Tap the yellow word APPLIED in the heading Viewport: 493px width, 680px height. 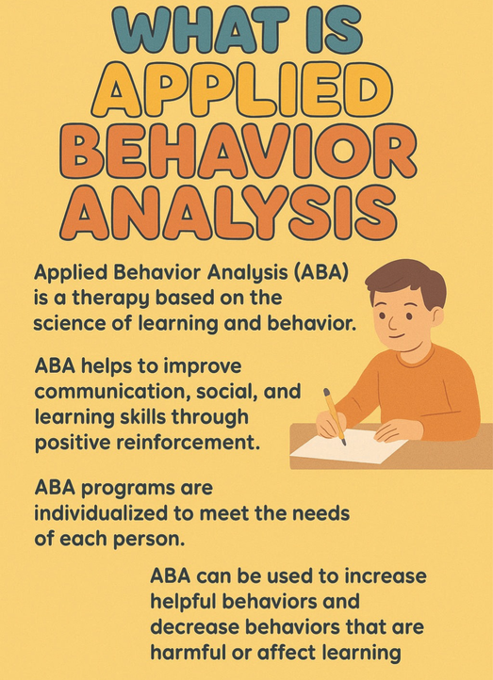pyautogui.click(x=242, y=89)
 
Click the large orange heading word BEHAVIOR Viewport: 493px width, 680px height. pyautogui.click(x=238, y=152)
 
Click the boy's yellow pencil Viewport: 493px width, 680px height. pyautogui.click(x=335, y=417)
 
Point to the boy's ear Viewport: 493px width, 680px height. pyautogui.click(x=437, y=318)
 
